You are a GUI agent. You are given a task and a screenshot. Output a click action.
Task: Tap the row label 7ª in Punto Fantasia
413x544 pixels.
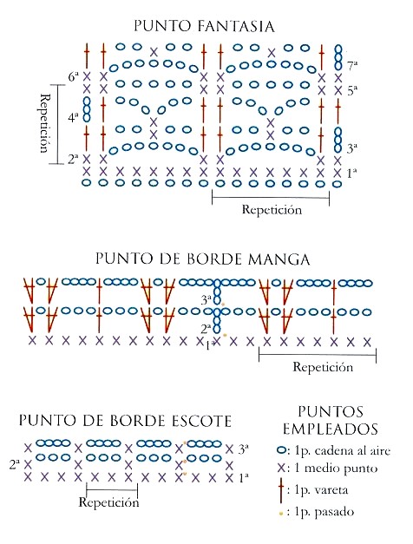[352, 66]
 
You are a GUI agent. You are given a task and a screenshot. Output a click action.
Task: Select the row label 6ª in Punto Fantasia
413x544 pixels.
[73, 76]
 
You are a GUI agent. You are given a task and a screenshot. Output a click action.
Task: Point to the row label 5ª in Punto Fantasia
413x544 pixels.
[352, 90]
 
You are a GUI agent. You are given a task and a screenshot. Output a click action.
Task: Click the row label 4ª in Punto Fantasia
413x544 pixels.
[73, 118]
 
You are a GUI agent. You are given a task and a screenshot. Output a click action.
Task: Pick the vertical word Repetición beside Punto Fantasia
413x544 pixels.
[43, 123]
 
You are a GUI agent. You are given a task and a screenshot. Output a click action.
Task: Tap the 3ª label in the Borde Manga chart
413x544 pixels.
[206, 300]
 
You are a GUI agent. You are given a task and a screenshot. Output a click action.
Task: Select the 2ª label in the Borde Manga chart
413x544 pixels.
[206, 328]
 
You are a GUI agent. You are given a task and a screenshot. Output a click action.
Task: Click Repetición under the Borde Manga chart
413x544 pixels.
[323, 367]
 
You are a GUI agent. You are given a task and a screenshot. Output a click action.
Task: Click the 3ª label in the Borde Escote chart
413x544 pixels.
[244, 449]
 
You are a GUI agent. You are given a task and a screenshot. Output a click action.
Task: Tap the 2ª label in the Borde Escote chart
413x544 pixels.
[15, 464]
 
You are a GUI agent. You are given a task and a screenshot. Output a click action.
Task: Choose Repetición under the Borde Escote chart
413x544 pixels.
[108, 502]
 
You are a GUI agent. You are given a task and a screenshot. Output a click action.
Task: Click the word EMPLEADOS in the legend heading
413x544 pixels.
[330, 429]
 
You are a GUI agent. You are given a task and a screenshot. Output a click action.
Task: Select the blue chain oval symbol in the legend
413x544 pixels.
[282, 450]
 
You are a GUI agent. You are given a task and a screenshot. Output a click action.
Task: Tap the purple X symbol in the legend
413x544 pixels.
[281, 469]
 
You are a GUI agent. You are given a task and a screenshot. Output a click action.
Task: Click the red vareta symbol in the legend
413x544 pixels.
[281, 490]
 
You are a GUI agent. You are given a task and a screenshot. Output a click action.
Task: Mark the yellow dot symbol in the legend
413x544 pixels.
[281, 513]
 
